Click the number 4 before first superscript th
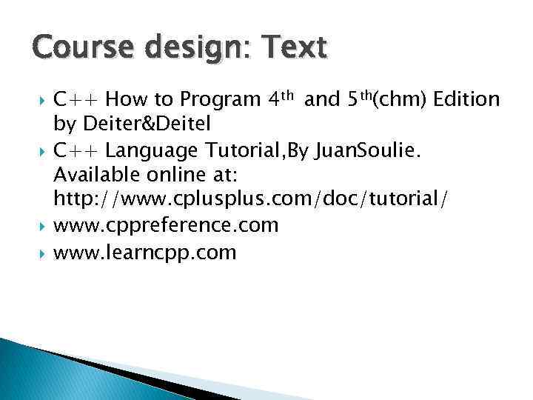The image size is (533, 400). click(x=275, y=99)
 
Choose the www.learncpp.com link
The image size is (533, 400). click(x=145, y=253)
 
